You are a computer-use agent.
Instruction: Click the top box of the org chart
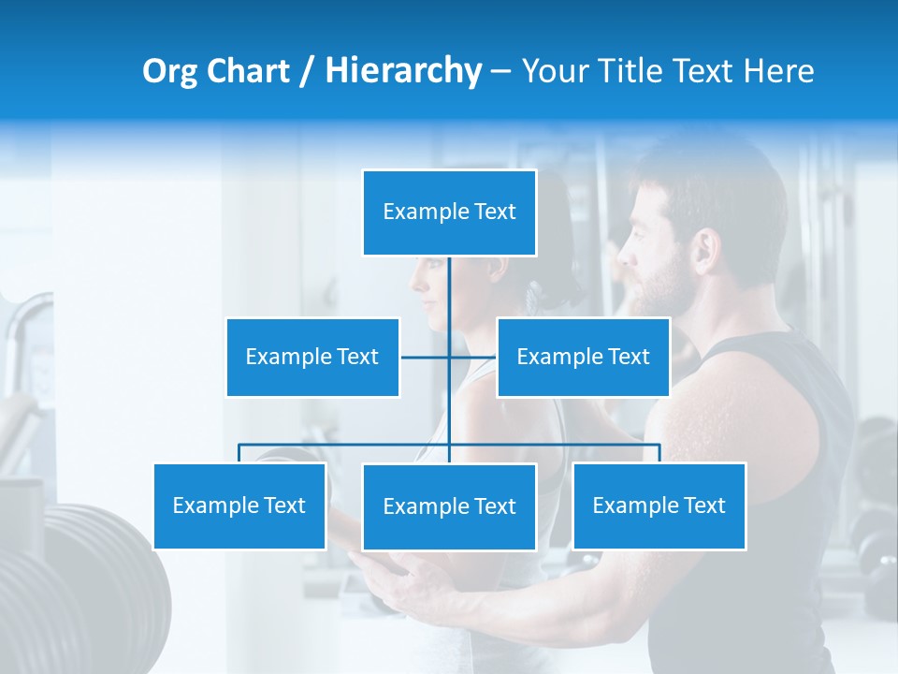pyautogui.click(x=449, y=212)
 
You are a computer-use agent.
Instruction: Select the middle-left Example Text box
pyautogui.click(x=312, y=357)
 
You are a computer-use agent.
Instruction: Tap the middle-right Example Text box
pyautogui.click(x=583, y=357)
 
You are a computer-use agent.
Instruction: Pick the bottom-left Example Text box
pyautogui.click(x=239, y=505)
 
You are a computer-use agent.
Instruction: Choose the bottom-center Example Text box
pyautogui.click(x=449, y=506)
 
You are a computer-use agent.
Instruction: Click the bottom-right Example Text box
pyautogui.click(x=659, y=505)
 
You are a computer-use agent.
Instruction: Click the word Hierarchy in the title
pyautogui.click(x=402, y=71)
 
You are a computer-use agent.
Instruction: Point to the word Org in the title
pyautogui.click(x=169, y=72)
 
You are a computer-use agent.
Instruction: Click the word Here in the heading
pyautogui.click(x=778, y=71)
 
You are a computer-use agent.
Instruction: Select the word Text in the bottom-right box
pyautogui.click(x=703, y=505)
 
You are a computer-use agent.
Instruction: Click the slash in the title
pyautogui.click(x=307, y=72)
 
